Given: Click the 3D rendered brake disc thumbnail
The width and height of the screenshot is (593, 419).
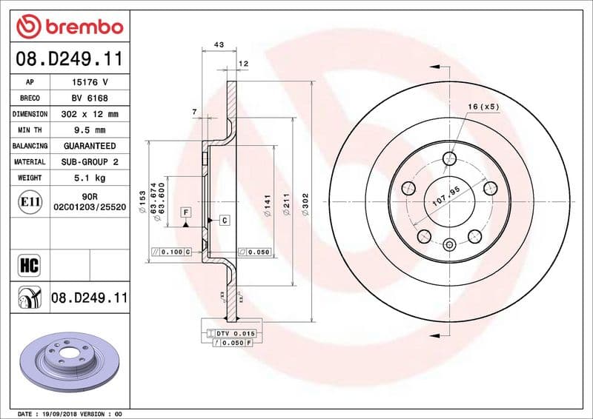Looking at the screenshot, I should [70, 363].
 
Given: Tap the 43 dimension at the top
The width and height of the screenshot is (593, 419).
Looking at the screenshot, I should [219, 45].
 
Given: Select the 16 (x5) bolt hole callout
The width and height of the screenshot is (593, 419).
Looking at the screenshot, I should [483, 107].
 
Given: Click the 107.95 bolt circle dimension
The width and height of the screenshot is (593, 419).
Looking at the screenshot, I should [446, 196].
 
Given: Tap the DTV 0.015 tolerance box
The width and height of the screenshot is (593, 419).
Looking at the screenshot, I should [233, 334].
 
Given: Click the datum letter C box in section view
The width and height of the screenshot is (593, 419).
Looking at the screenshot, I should [223, 220].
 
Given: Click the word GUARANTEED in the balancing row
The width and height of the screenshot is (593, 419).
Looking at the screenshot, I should [90, 146].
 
